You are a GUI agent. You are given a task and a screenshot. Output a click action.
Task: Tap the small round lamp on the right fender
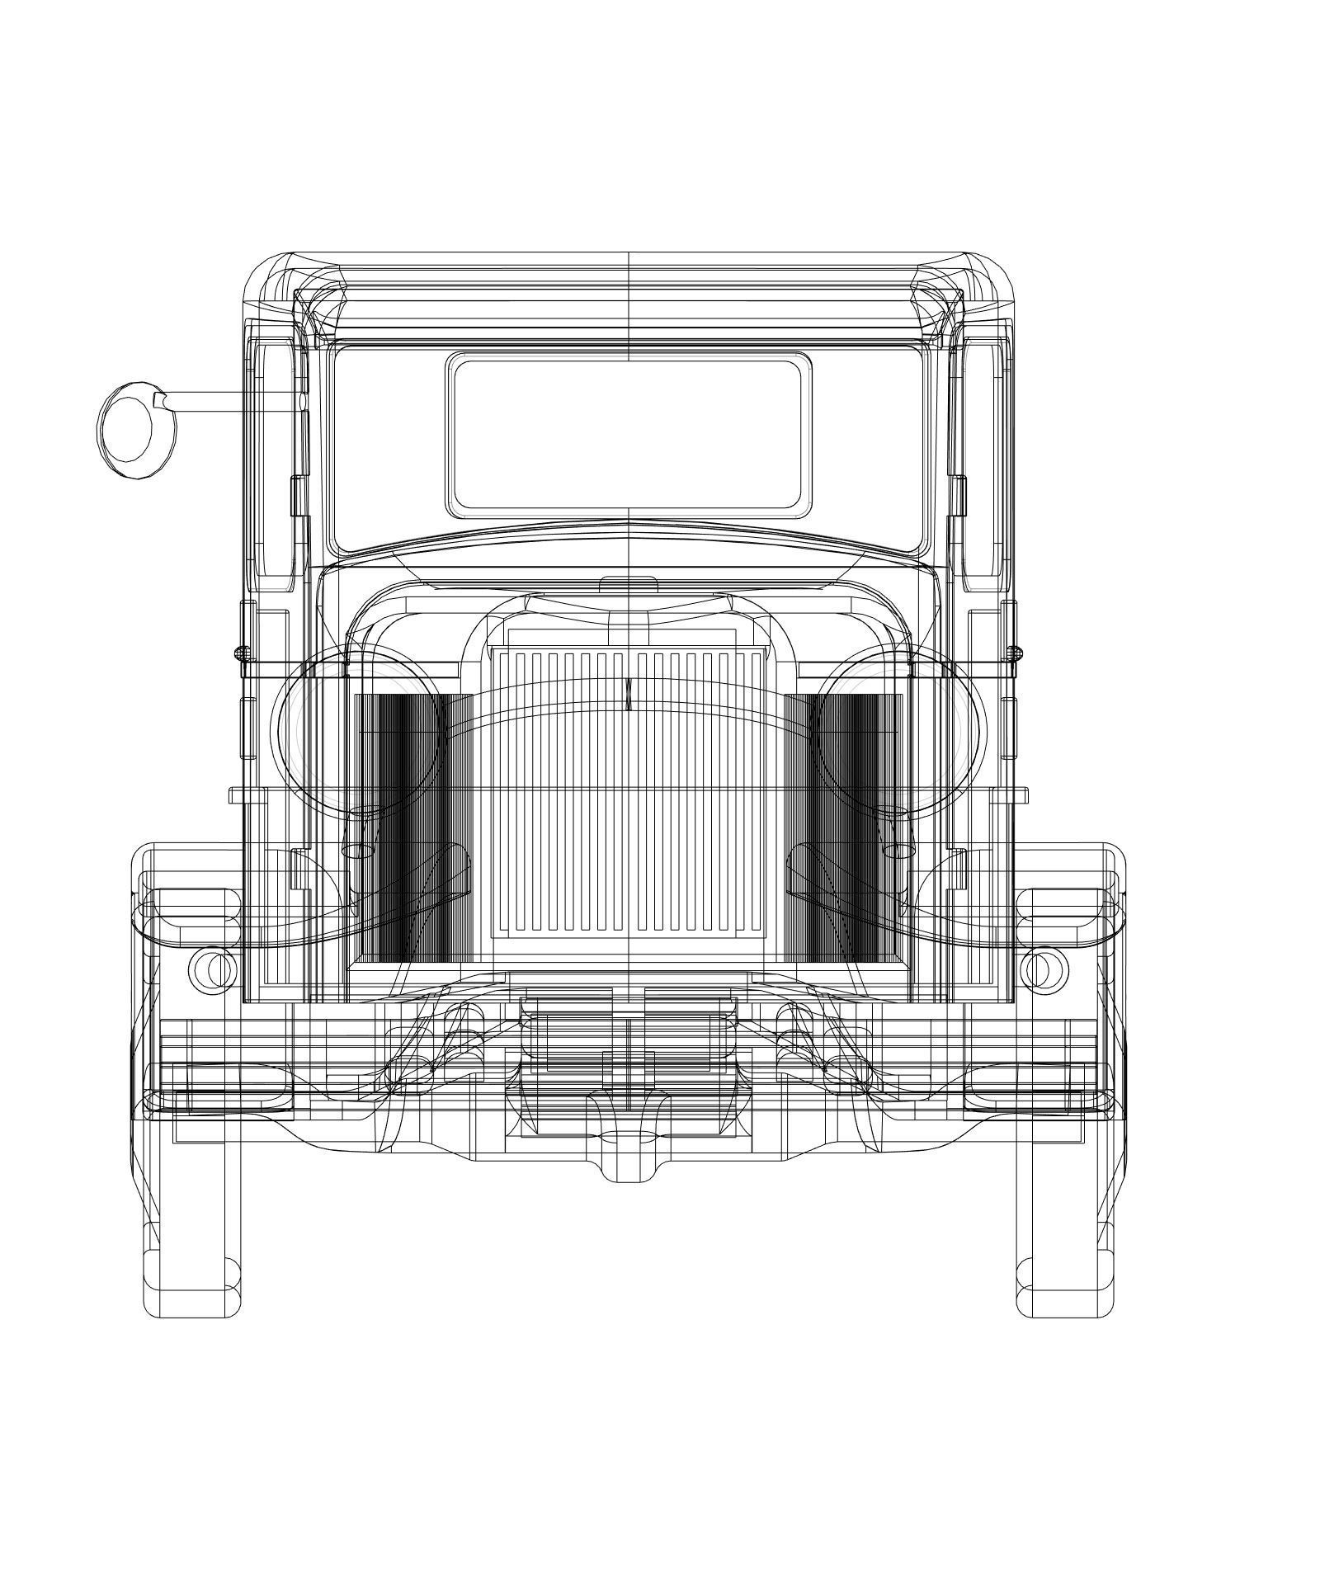click(x=1044, y=969)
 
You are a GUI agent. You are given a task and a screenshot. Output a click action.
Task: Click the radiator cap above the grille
click(x=628, y=584)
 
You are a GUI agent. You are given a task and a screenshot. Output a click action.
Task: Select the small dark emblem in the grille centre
click(x=628, y=694)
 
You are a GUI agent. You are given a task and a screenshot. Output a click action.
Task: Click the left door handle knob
click(x=240, y=653)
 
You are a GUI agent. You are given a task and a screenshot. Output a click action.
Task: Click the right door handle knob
click(x=1017, y=653)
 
